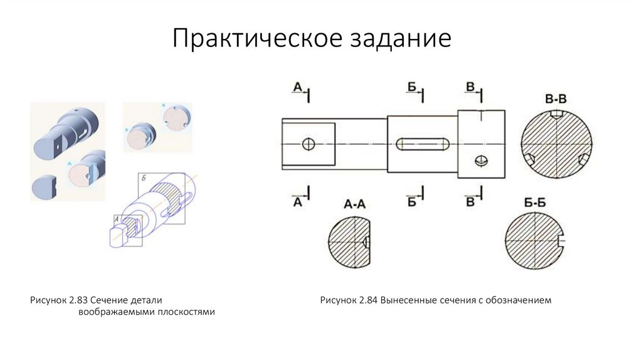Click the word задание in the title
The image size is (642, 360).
click(397, 39)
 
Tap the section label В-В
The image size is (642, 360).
click(556, 99)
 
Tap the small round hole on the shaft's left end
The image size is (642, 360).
click(308, 144)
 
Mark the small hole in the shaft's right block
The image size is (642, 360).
click(481, 160)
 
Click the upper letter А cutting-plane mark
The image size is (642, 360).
click(297, 88)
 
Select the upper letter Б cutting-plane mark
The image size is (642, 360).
click(412, 87)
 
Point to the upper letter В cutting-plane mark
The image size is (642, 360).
click(470, 87)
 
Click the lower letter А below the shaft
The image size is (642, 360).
click(298, 202)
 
